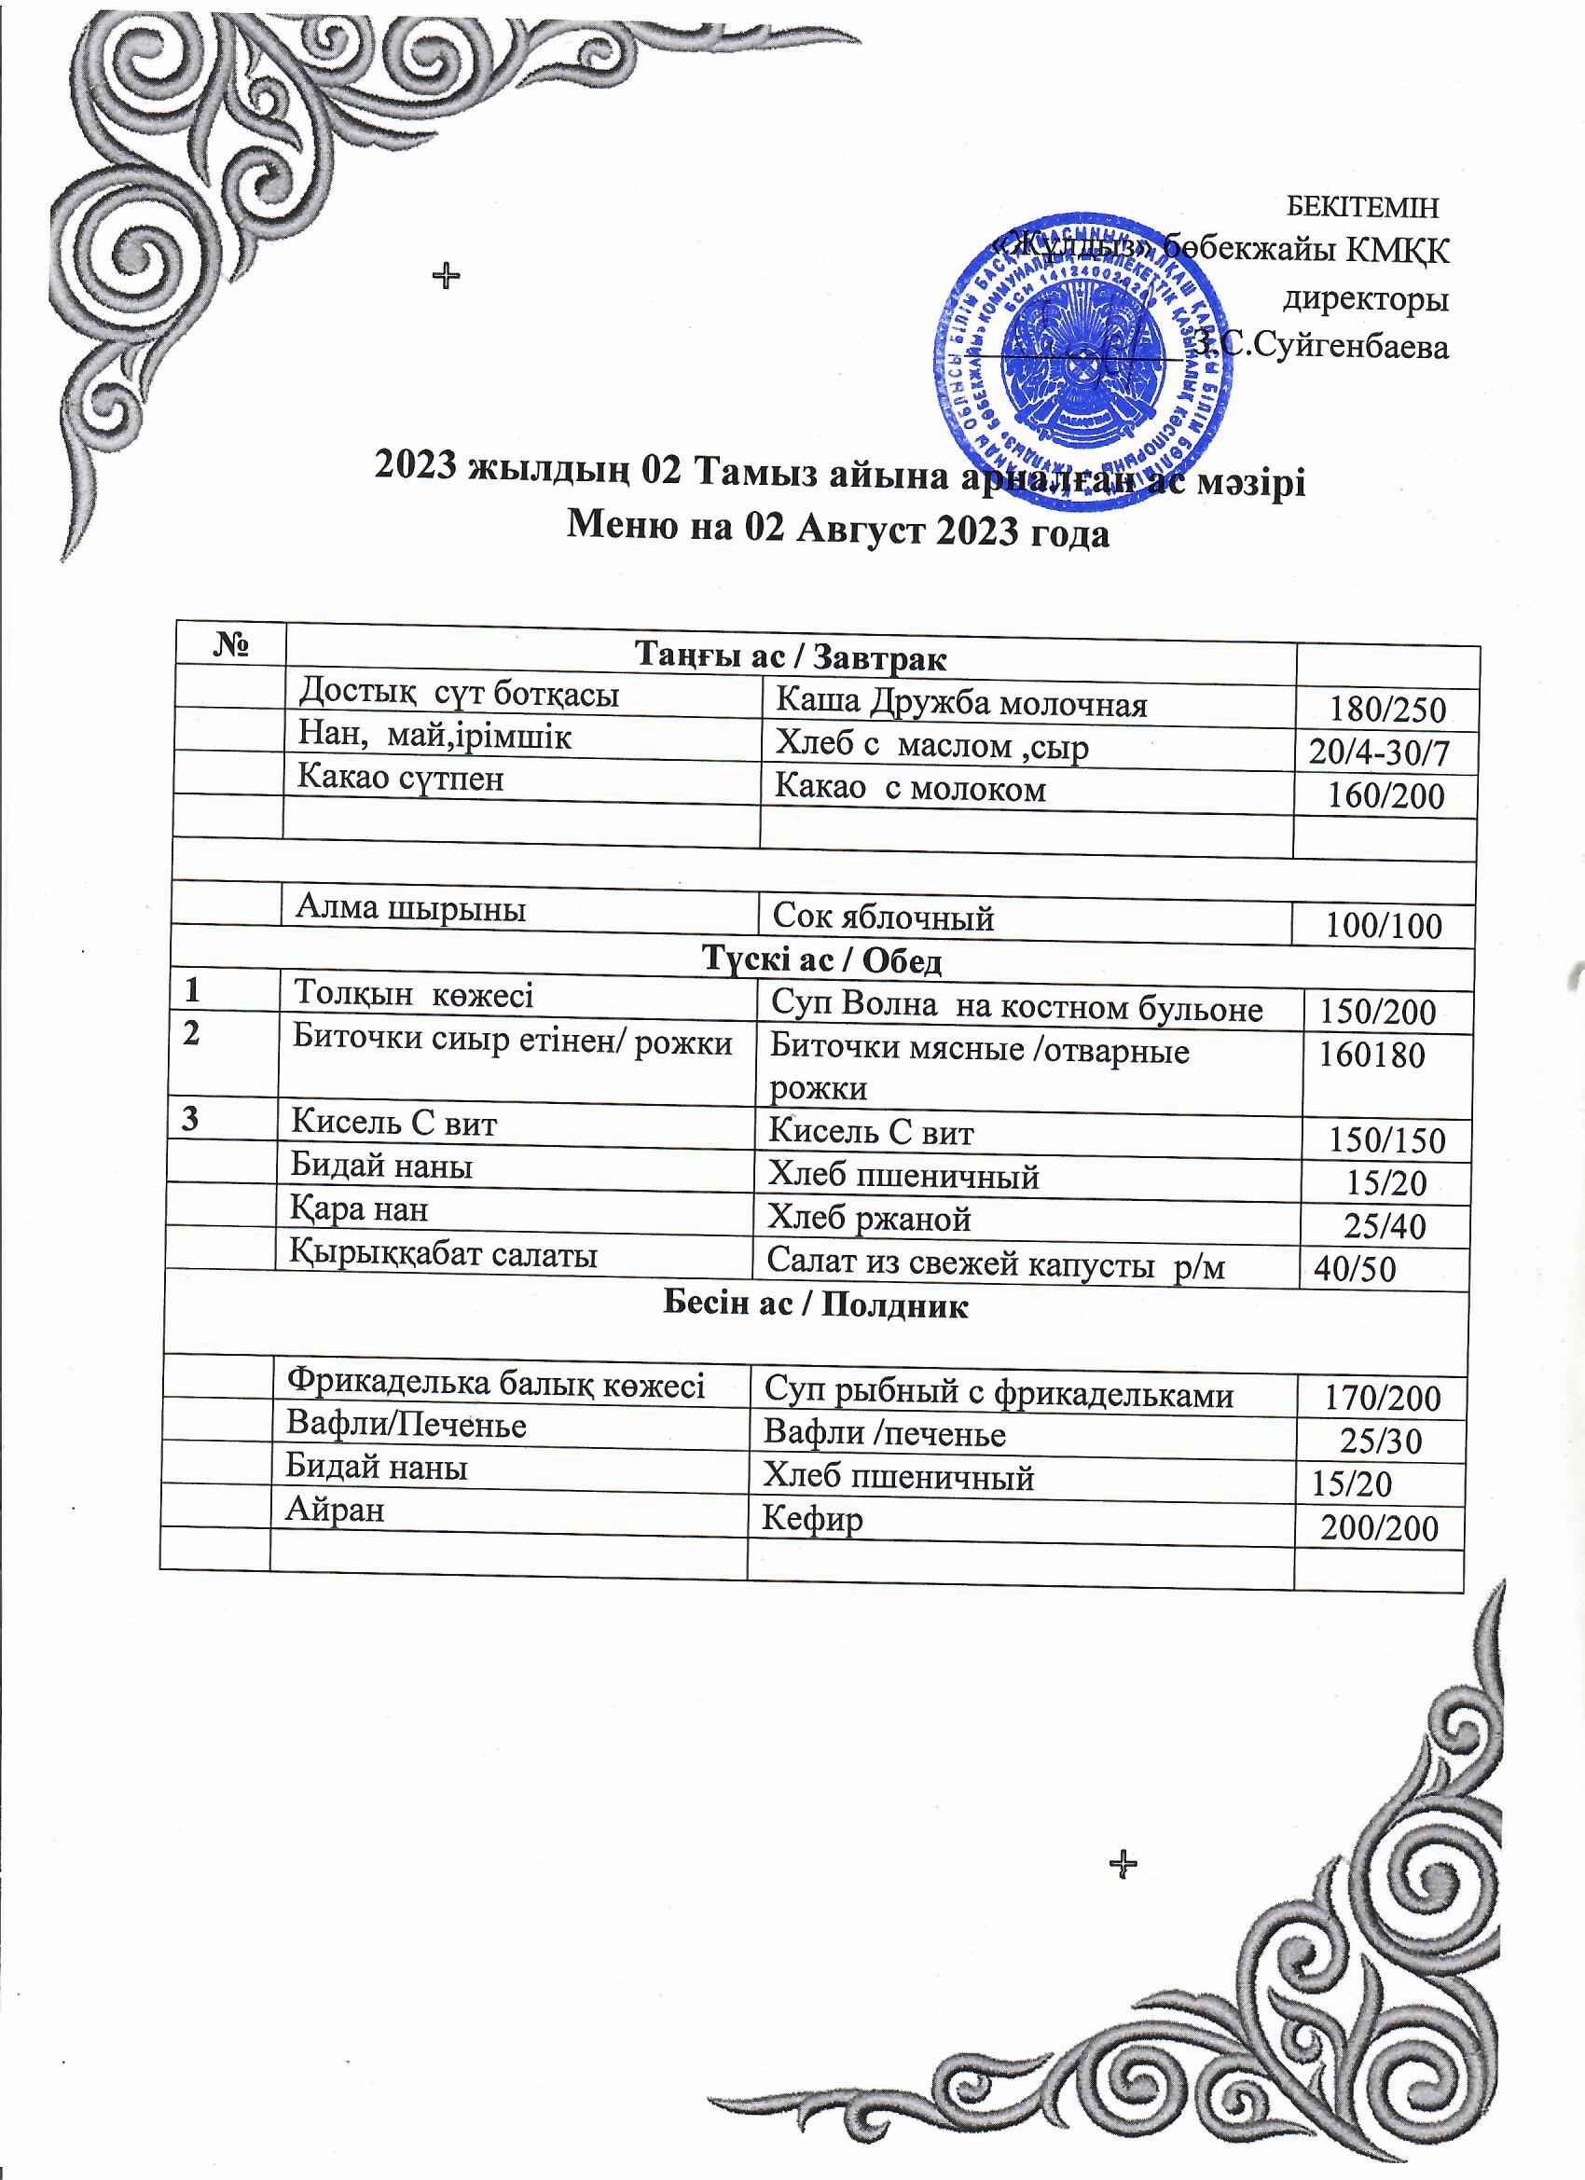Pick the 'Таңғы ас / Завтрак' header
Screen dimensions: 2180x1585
coord(790,657)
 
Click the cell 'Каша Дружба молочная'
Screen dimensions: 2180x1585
coord(961,704)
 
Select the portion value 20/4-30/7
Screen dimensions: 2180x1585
coord(1378,752)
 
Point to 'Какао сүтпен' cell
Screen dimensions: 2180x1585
coord(400,777)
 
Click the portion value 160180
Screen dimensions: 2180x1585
coord(1371,1055)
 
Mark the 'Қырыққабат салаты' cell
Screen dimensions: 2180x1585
coord(444,1254)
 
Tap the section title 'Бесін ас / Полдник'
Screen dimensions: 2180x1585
coord(816,1305)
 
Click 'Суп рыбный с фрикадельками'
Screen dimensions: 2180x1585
coord(999,1394)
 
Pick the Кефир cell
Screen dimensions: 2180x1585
coord(812,1520)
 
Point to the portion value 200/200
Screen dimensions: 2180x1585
coord(1379,1527)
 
